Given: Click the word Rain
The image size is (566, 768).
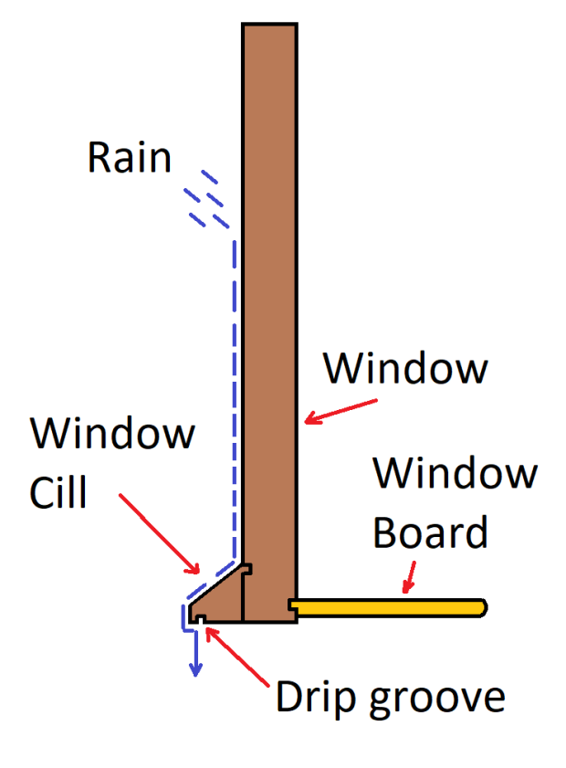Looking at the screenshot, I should coord(129,158).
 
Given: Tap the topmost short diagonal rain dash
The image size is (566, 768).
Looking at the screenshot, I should coord(210,176).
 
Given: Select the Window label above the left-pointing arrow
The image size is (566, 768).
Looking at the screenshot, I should coord(406,369).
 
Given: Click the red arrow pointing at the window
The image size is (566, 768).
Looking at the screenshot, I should coord(341,410).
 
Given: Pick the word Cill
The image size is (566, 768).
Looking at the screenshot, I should coord(58,493).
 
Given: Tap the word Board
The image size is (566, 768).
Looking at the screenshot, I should coord(430,532).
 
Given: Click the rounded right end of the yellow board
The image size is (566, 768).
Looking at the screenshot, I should coord(481,605).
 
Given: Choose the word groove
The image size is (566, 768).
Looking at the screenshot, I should coord(435,699).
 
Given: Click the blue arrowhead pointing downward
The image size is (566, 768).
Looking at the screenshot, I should coord(194,668).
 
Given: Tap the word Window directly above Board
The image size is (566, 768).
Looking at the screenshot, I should coord(455,474).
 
